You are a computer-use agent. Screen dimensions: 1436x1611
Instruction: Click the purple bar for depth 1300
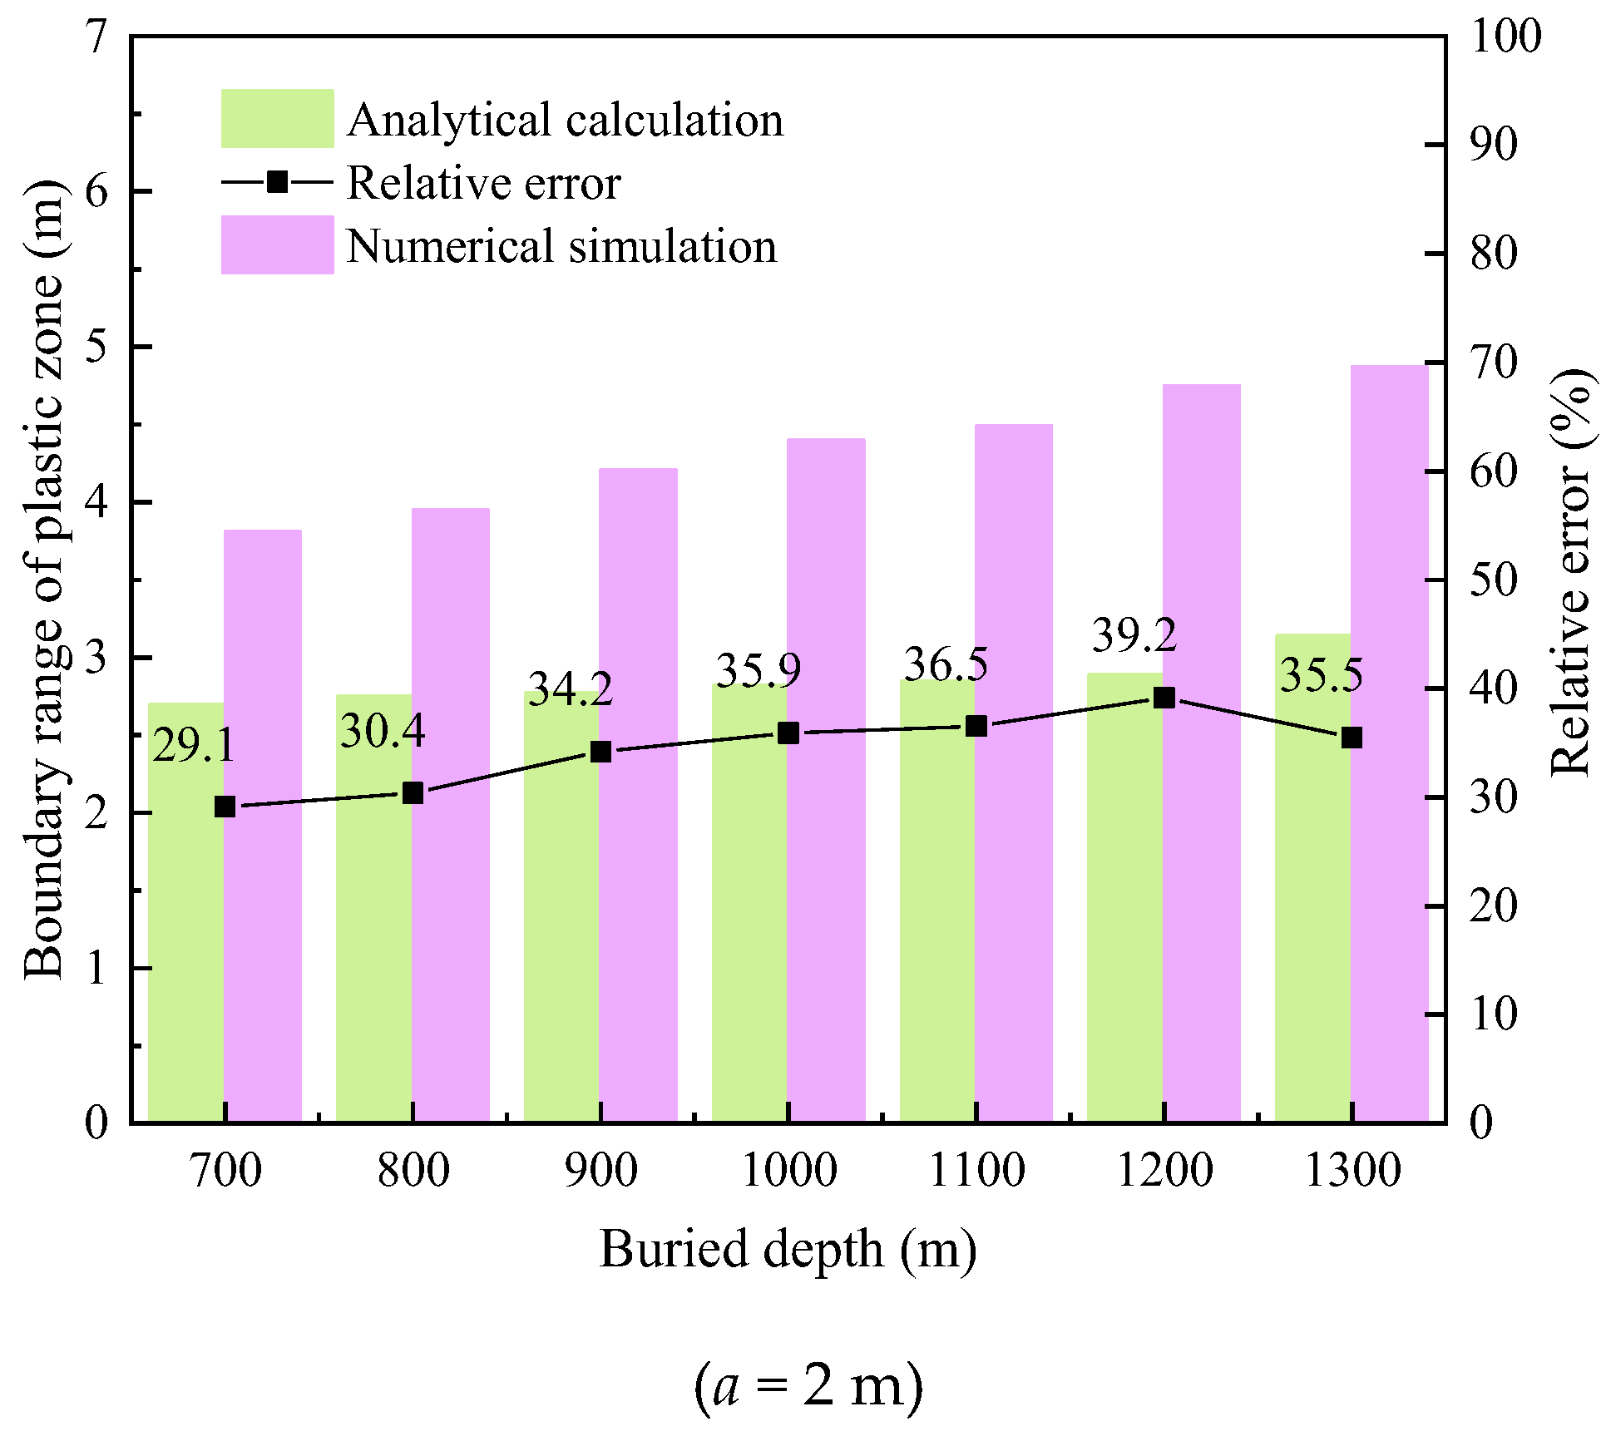(1389, 748)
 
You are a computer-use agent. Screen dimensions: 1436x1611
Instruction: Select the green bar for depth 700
(185, 915)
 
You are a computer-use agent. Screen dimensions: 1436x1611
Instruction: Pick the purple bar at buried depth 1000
(826, 782)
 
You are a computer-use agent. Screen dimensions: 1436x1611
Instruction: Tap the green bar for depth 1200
(1124, 898)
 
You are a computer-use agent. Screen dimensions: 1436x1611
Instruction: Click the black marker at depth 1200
(1164, 698)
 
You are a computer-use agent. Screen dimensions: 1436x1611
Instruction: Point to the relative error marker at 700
(225, 807)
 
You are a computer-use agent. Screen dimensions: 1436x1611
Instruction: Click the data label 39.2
(1134, 636)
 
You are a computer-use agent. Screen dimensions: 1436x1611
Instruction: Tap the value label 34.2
(571, 689)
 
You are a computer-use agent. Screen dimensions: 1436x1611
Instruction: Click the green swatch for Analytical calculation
(277, 119)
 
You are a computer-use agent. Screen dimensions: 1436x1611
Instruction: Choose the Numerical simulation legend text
(561, 246)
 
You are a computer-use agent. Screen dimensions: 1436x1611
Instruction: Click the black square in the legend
(277, 182)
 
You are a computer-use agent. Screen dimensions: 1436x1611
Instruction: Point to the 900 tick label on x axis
(600, 1171)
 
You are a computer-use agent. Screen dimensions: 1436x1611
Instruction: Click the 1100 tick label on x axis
(976, 1171)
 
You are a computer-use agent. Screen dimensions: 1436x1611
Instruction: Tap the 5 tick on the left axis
(97, 347)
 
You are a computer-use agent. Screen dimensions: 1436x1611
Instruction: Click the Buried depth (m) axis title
(788, 1250)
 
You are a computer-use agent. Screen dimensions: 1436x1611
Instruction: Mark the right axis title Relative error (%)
(1570, 574)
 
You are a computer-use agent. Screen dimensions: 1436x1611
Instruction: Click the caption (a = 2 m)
(808, 1386)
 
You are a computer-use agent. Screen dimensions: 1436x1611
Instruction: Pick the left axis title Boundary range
(43, 580)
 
